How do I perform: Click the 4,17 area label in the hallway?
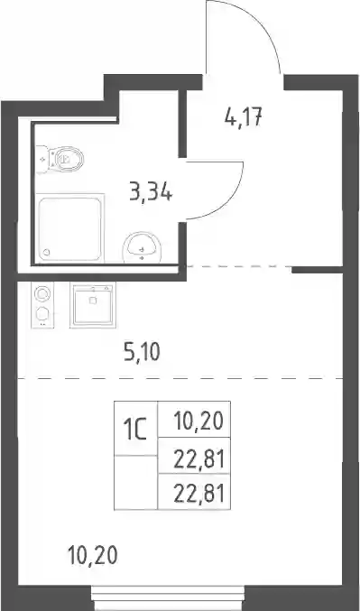[x=244, y=117]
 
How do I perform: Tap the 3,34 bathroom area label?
[x=151, y=192]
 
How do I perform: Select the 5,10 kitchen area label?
[x=142, y=353]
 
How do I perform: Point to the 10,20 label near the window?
[x=92, y=555]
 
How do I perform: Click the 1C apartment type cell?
[x=135, y=429]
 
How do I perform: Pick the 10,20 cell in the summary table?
[x=194, y=420]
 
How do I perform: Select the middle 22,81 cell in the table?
[x=194, y=456]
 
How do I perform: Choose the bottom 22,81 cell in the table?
[x=194, y=492]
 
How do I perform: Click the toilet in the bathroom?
[x=60, y=159]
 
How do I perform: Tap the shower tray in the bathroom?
[x=70, y=228]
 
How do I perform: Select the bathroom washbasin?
[x=142, y=247]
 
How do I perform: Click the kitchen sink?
[x=93, y=305]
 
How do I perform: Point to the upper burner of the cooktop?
[x=42, y=294]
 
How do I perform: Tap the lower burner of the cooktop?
[x=42, y=313]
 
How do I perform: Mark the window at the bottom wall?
[x=169, y=597]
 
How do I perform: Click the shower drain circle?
[x=46, y=252]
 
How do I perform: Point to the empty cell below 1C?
[x=135, y=483]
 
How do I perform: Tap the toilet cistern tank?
[x=42, y=160]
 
